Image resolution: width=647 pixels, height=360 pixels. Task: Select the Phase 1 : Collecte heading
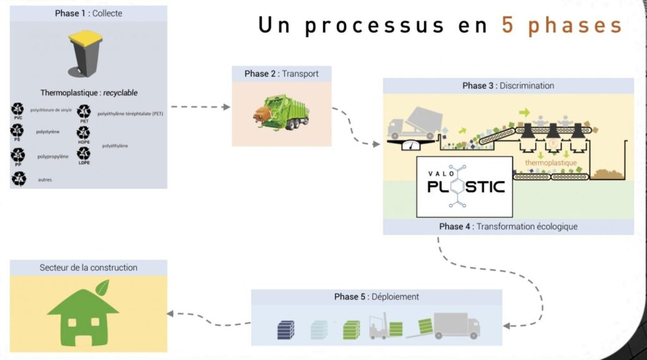pyautogui.click(x=88, y=13)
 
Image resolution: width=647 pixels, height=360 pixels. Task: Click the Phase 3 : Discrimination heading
pyautogui.click(x=508, y=86)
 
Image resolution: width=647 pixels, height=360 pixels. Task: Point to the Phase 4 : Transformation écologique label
pyautogui.click(x=508, y=227)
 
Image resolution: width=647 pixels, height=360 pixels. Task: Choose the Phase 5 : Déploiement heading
pyautogui.click(x=377, y=297)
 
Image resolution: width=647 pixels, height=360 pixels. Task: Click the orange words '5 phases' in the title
pyautogui.click(x=562, y=25)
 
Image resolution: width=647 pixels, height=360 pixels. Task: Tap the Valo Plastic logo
pyautogui.click(x=464, y=186)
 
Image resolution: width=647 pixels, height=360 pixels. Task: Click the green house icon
pyautogui.click(x=83, y=315)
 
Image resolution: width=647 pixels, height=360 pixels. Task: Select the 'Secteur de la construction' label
pyautogui.click(x=88, y=267)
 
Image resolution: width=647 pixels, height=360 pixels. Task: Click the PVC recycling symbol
pyautogui.click(x=18, y=111)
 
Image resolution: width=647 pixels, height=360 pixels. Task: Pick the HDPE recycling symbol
pyautogui.click(x=83, y=134)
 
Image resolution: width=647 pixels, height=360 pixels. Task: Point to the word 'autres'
pyautogui.click(x=45, y=180)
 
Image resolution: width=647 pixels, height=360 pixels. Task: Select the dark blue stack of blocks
pyautogui.click(x=286, y=330)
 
